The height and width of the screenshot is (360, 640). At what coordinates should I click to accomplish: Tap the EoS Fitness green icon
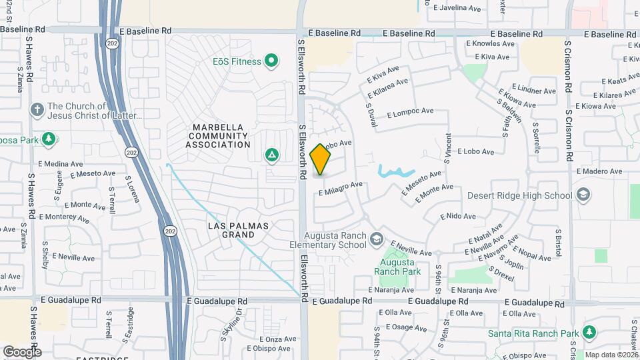pyautogui.click(x=271, y=62)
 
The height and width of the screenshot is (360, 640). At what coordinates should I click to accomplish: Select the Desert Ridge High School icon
pyautogui.click(x=583, y=195)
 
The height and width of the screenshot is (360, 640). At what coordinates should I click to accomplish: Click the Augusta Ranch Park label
pyautogui.click(x=397, y=267)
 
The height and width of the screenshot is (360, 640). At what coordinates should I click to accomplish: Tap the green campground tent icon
pyautogui.click(x=271, y=155)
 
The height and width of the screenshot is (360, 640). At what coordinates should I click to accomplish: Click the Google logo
pyautogui.click(x=21, y=351)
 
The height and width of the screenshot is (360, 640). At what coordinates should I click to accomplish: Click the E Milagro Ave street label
pyautogui.click(x=340, y=189)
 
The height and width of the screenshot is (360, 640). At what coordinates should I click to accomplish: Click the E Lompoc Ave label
pyautogui.click(x=410, y=112)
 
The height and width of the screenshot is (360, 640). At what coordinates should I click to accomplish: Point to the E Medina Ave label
pyautogui.click(x=59, y=163)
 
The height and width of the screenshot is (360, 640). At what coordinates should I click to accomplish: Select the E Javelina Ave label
pyautogui.click(x=457, y=9)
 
